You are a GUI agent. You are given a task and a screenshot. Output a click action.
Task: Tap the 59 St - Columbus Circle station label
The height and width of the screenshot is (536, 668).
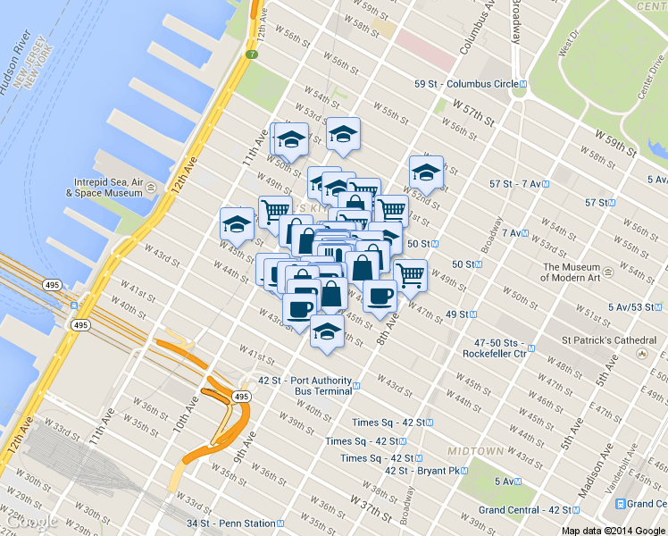point(465,84)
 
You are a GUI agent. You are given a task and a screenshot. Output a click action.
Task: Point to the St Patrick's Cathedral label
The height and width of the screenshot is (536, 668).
point(608,340)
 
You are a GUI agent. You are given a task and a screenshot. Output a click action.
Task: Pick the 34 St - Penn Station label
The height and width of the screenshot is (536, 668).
point(230,523)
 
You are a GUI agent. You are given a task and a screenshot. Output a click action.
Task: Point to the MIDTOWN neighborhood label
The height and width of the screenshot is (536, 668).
point(476,451)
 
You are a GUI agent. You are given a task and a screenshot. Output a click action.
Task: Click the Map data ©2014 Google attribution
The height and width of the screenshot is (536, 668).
point(613,530)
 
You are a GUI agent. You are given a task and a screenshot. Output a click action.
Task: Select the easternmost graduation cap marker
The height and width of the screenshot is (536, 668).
point(426,172)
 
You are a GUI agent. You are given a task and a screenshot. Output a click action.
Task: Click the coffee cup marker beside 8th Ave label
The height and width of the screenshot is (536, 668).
point(379,296)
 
